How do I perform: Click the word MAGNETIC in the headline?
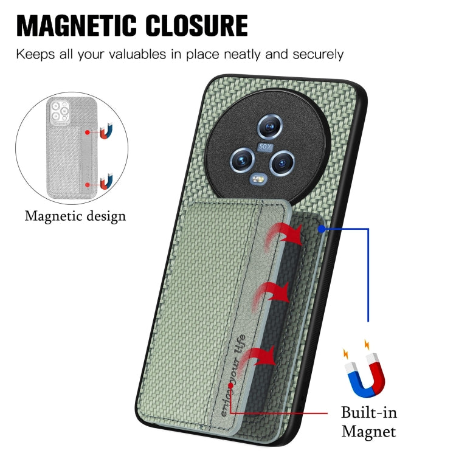tap(76, 26)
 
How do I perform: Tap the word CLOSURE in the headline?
tap(197, 26)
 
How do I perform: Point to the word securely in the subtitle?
tap(318, 55)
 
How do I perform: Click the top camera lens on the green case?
tap(270, 126)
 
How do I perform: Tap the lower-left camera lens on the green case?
tap(242, 160)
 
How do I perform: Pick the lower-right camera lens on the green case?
tap(282, 162)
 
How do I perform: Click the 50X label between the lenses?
tap(265, 147)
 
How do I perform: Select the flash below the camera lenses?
tap(259, 179)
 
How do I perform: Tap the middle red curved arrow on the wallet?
tap(271, 295)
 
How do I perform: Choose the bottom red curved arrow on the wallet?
tap(258, 359)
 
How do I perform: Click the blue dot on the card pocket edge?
tap(322, 229)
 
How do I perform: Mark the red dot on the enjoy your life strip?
tap(230, 385)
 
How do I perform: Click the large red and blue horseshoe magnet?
tap(365, 375)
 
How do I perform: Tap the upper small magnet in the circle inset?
tap(106, 131)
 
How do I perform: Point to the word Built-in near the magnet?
tap(369, 413)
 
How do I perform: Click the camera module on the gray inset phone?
tap(60, 111)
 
